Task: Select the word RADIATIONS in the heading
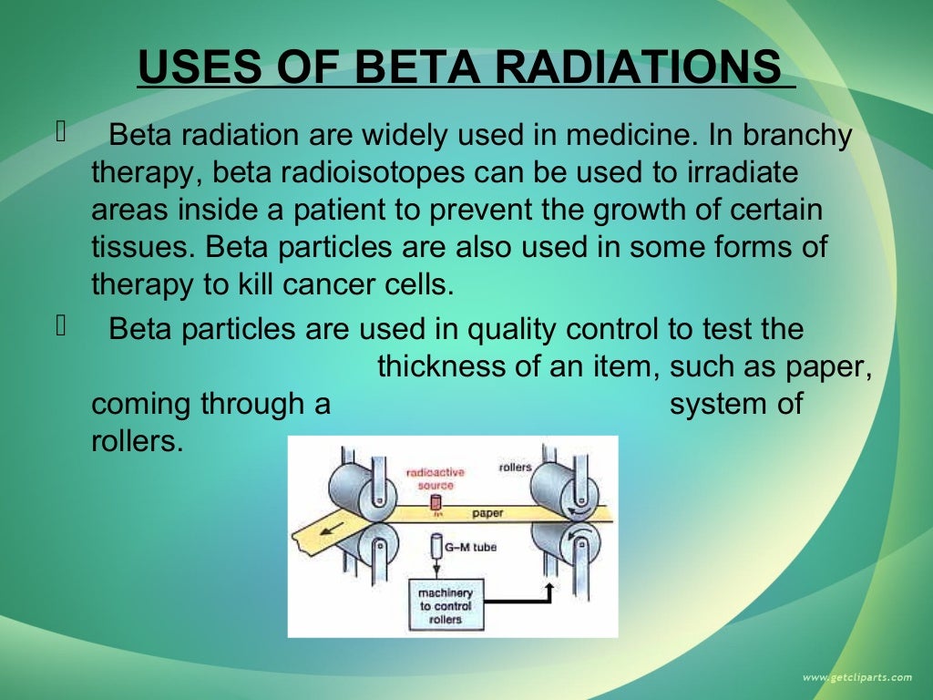pos(643,67)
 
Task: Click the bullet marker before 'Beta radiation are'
pos(62,135)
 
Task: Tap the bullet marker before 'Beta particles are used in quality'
pos(62,327)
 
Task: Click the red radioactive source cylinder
pos(436,502)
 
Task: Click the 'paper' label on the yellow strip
pos(487,513)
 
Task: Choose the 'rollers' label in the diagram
pos(515,468)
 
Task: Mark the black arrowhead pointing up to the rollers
pos(549,587)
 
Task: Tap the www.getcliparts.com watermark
pos(856,677)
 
